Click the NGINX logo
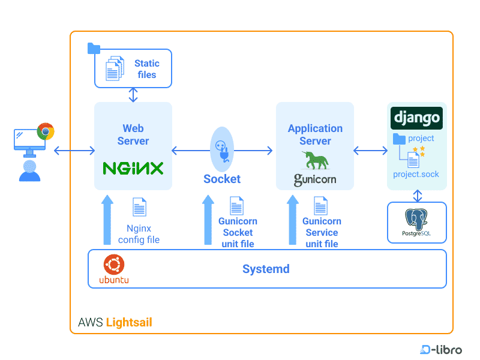(133, 168)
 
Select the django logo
(416, 118)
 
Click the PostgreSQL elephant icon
(416, 218)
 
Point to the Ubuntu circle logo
(113, 264)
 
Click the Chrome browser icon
(46, 131)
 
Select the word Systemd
(266, 269)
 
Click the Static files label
(146, 69)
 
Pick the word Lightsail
(129, 323)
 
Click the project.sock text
(416, 175)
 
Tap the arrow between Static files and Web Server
(133, 95)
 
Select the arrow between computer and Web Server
(74, 150)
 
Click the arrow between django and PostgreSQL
(417, 196)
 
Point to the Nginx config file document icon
(139, 207)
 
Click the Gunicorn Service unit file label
(322, 233)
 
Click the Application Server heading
(315, 134)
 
